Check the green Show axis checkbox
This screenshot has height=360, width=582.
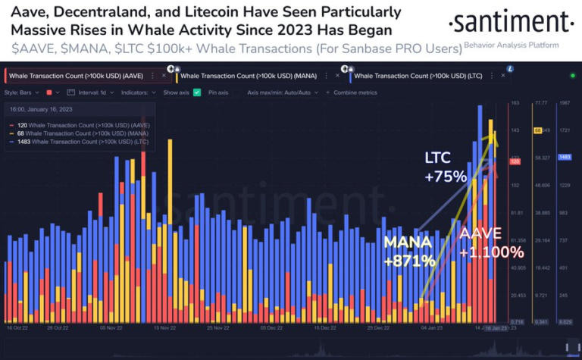point(197,92)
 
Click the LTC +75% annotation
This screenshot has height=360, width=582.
point(436,167)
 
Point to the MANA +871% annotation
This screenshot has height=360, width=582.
point(409,252)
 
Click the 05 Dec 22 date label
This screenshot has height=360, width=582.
point(271,328)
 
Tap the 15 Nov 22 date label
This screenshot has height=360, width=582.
point(165,328)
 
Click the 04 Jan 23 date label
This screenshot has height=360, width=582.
point(430,328)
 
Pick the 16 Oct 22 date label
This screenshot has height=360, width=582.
point(17,328)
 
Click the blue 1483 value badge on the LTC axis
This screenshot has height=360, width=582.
point(564,157)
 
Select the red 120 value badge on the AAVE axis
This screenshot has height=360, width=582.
point(515,161)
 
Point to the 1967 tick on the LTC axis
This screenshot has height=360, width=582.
point(564,102)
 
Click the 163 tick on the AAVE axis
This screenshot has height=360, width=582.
point(515,102)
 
